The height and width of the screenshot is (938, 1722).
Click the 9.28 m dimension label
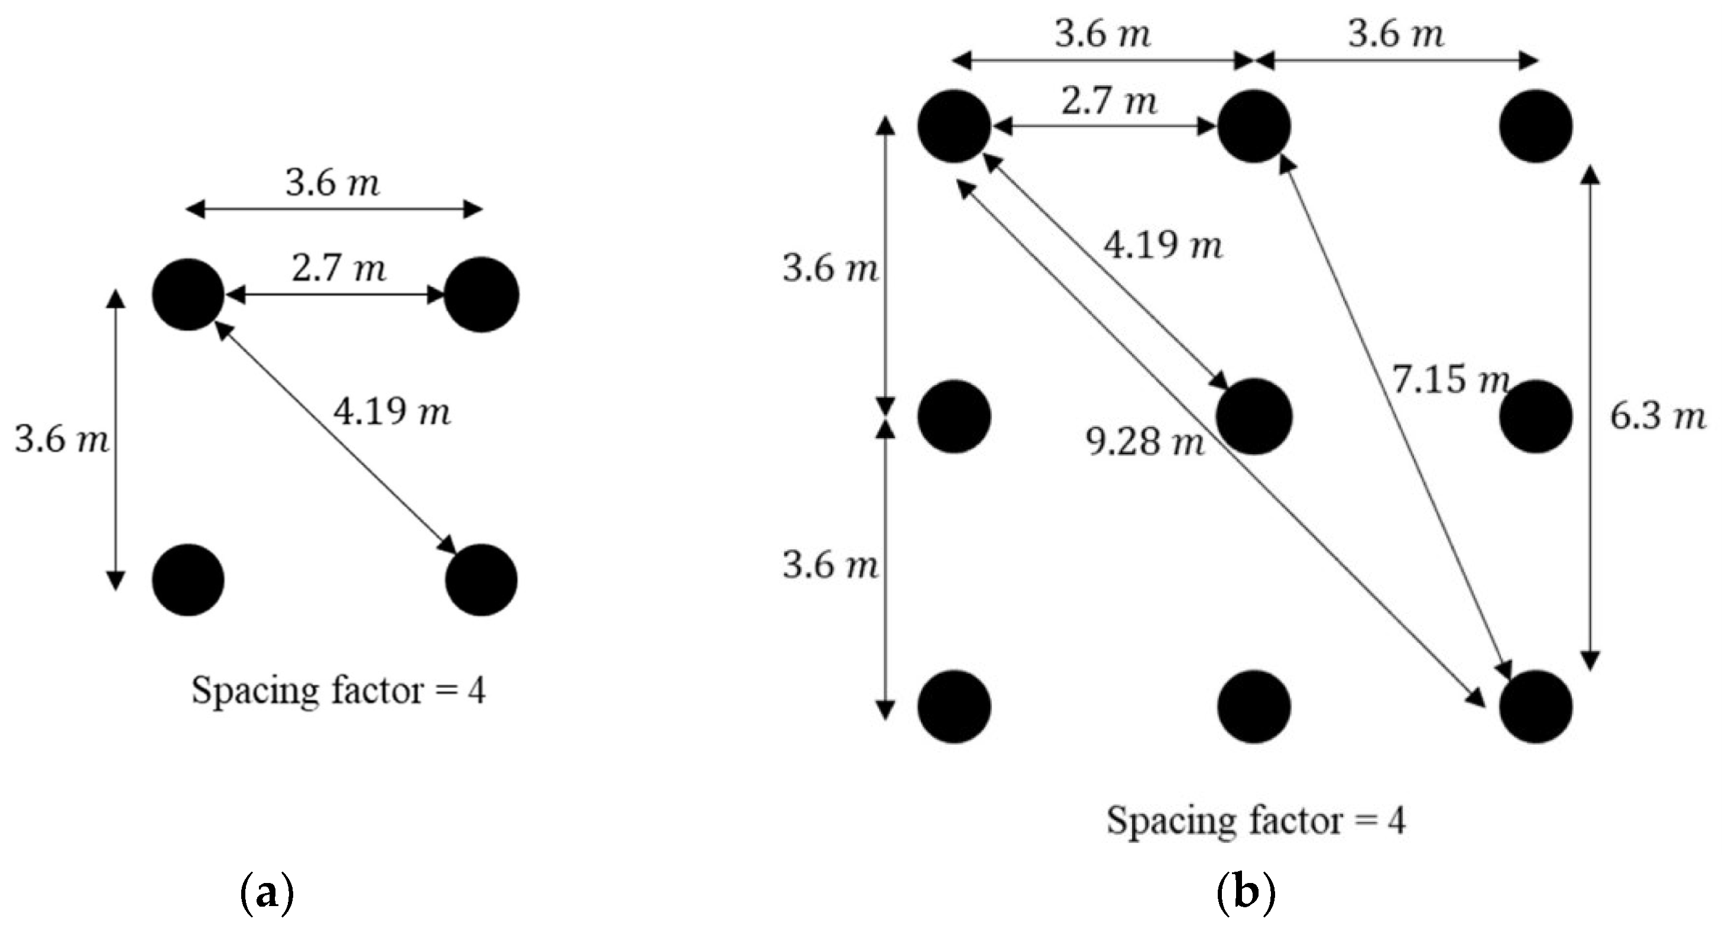1144,442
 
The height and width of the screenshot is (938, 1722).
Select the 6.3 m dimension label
1656,417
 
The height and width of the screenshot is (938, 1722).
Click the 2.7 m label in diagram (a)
339,269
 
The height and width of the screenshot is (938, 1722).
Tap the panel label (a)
266,892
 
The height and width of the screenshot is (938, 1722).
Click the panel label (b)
1246,892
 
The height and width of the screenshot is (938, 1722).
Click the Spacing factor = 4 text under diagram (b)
1256,820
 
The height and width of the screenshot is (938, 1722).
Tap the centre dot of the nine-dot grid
1253,416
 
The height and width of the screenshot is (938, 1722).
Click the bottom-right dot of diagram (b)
1536,707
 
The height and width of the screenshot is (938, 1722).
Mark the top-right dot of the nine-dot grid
1536,127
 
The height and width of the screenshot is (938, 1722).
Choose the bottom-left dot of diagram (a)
189,580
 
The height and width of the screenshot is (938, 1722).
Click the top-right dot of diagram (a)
481,295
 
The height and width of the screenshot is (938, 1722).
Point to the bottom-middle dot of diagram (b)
1253,707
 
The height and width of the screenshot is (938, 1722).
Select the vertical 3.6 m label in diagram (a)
61,441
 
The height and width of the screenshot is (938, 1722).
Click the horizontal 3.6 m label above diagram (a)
333,183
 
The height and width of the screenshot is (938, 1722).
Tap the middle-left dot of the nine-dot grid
954,416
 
